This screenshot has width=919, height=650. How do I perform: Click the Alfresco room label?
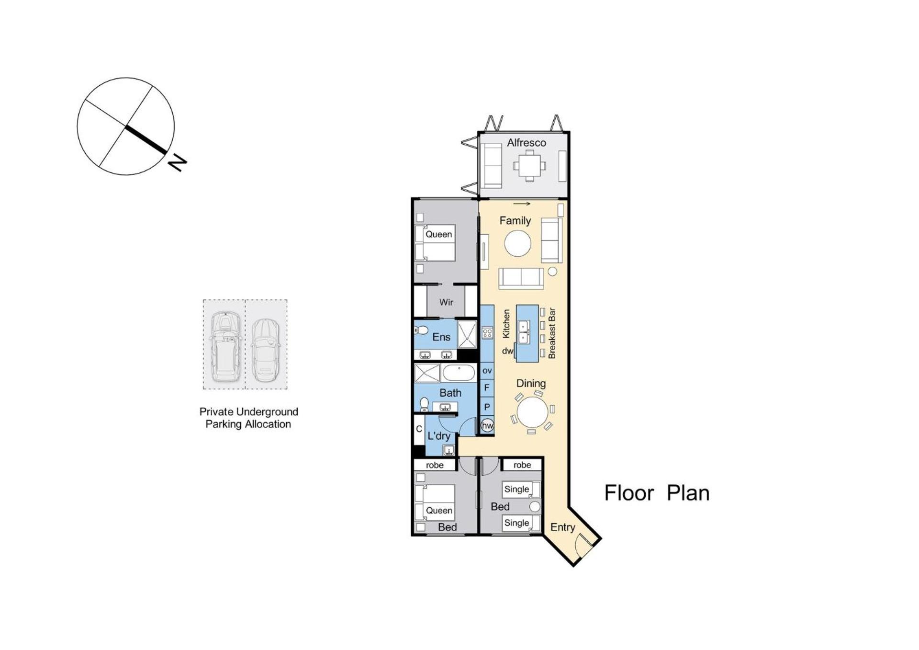[527, 143]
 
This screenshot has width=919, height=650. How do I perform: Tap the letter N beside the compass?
[177, 162]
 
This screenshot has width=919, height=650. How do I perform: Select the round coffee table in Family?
[517, 244]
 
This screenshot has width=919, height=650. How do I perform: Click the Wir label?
[446, 302]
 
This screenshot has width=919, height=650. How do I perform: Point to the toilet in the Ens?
[422, 330]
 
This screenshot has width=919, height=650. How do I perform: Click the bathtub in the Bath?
[459, 373]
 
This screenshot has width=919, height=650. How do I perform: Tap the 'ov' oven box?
[487, 370]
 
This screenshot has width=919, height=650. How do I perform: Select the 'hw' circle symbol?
[487, 425]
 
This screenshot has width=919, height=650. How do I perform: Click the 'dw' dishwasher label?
[507, 351]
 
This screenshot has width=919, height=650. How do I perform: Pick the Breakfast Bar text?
[552, 333]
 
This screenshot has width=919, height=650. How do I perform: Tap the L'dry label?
[439, 436]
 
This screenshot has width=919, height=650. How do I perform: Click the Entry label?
[562, 527]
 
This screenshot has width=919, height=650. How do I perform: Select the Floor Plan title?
[657, 493]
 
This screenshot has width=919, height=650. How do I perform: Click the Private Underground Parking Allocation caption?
[248, 418]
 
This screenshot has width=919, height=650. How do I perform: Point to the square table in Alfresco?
[529, 166]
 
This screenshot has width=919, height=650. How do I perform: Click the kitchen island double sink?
[524, 332]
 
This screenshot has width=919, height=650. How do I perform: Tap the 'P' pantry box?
[487, 407]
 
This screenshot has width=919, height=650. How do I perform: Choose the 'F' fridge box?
[487, 388]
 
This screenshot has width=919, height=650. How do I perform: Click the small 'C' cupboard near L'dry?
[419, 430]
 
